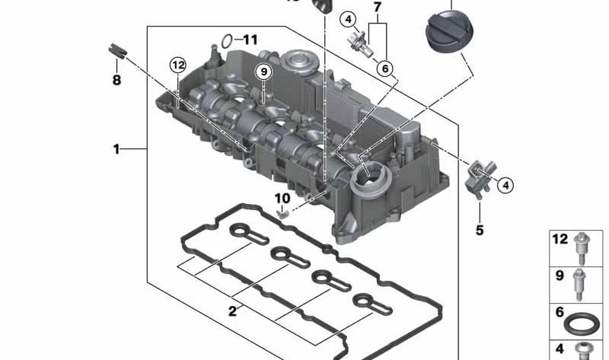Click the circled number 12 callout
click(x=178, y=65)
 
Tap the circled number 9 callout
click(x=263, y=72)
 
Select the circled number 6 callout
click(x=385, y=68)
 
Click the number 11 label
click(x=250, y=40)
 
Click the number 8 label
click(x=116, y=80)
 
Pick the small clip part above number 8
click(x=117, y=51)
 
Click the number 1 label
click(x=116, y=149)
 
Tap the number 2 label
click(x=232, y=311)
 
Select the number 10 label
click(x=282, y=199)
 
